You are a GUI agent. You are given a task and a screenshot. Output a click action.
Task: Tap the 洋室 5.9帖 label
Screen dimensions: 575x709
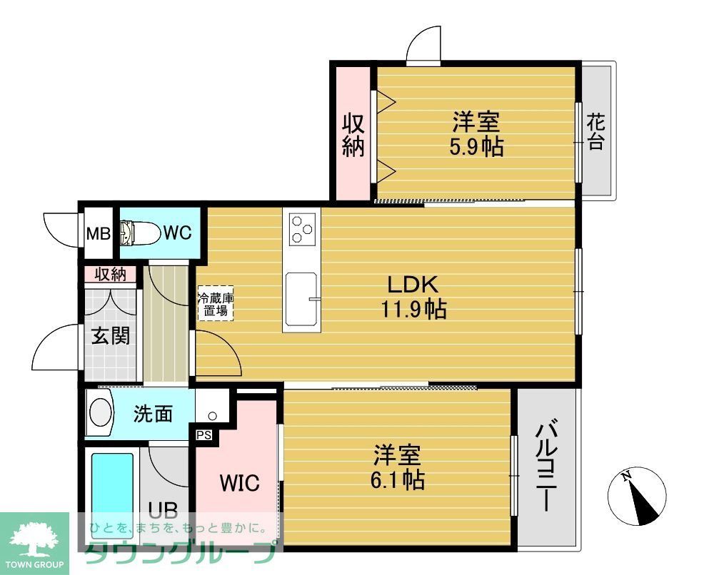pos(476,133)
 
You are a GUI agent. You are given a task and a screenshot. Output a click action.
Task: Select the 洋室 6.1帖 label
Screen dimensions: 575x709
pos(397,467)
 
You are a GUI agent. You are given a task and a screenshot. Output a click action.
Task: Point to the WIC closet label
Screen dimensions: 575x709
pos(238,482)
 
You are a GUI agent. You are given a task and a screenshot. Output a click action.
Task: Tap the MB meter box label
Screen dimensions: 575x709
pos(98,233)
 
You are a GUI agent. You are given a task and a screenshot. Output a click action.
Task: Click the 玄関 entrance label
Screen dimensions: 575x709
pos(111,335)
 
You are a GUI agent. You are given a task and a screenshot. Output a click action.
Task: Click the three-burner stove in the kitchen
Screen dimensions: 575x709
pos(301,228)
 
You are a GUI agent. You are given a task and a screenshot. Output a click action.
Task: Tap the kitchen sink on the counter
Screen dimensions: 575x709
pos(302,299)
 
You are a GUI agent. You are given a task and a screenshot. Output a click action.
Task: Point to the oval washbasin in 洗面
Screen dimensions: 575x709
pos(100,412)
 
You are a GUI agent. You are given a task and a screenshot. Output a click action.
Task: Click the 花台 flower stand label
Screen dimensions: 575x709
pos(595,133)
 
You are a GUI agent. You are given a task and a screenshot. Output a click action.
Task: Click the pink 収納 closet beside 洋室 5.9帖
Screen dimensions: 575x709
pos(353,134)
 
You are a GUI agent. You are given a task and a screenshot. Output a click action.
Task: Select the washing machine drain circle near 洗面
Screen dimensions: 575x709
pos(211,415)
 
